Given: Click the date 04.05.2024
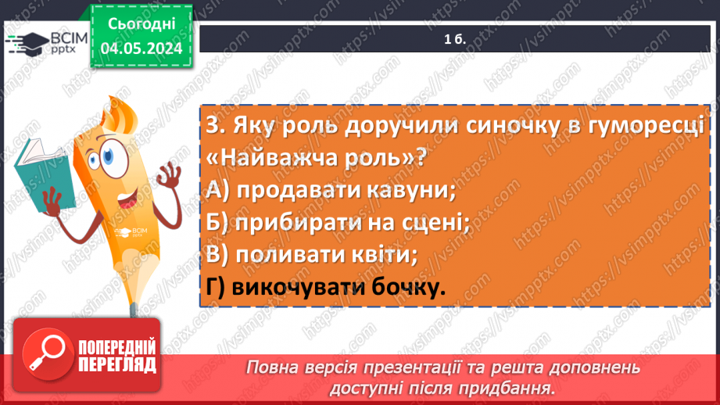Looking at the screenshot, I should click(141, 48).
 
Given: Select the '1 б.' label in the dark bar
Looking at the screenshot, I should click(453, 39).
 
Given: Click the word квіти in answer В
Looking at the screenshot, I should click(378, 255).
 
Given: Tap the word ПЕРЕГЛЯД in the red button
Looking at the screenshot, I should click(116, 364).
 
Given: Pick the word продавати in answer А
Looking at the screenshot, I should click(291, 189).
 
